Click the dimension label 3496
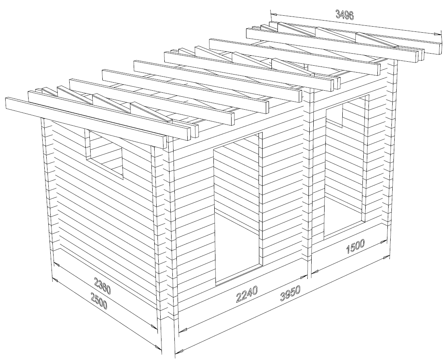[x=344, y=15]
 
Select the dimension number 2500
[x=99, y=301]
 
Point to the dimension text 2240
[x=247, y=294]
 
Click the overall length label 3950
[x=290, y=294]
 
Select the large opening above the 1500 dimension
[x=346, y=167]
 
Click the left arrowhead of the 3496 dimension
[x=273, y=14]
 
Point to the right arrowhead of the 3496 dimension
[x=436, y=34]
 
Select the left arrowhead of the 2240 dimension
[x=183, y=330]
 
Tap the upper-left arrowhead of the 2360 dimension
[x=56, y=264]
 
